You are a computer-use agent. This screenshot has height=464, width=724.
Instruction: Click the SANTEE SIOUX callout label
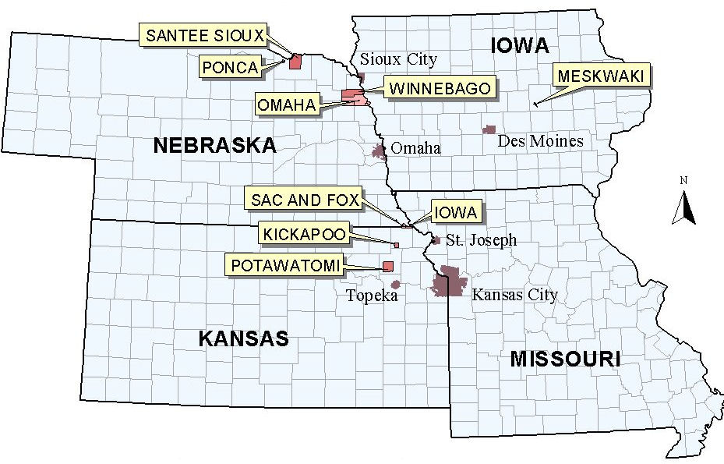tap(205, 35)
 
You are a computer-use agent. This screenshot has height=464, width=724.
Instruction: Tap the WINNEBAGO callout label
tap(440, 88)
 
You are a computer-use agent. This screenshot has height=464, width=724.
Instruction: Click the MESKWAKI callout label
tap(602, 76)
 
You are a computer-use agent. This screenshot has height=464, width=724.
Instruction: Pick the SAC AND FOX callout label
tap(305, 200)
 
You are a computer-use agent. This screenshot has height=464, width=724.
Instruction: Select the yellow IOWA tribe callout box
tap(455, 211)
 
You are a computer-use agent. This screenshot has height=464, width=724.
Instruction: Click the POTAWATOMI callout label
tap(285, 266)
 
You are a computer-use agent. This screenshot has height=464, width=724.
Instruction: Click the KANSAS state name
tap(243, 338)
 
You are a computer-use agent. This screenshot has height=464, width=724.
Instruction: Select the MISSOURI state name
tap(565, 360)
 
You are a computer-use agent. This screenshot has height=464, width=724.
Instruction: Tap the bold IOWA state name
tap(521, 46)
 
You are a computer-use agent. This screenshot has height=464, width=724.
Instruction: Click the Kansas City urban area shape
tap(450, 282)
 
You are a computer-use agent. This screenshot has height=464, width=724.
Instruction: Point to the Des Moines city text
tap(540, 141)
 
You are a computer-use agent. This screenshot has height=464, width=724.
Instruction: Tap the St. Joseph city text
tap(481, 239)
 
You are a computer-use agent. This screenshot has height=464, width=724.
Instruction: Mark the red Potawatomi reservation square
tap(387, 267)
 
